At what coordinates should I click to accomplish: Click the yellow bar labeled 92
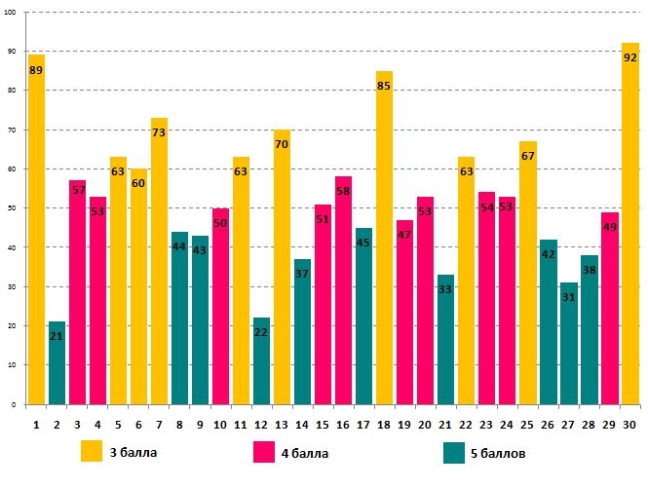click(630, 224)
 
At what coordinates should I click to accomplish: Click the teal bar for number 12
click(262, 361)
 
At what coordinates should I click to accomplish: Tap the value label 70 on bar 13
click(282, 145)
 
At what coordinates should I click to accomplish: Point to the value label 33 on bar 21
click(445, 290)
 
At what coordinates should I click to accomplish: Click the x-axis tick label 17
click(363, 424)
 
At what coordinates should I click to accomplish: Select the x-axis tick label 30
click(630, 424)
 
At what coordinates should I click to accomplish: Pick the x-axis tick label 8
click(179, 424)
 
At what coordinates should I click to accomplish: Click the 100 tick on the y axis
click(11, 13)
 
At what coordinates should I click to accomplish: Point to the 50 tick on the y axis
click(13, 208)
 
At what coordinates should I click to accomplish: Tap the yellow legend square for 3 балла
click(92, 452)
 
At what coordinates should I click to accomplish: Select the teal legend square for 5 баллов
click(454, 452)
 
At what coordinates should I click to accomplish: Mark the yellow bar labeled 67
click(528, 273)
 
